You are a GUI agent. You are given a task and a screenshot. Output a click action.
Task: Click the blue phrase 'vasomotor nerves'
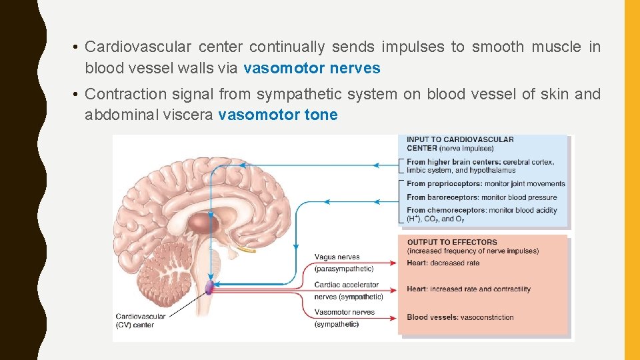pos(312,68)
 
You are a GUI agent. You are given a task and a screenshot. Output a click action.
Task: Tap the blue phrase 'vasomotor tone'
pos(278,115)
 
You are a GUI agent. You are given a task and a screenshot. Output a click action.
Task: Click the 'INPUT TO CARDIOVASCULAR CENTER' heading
pos(460,143)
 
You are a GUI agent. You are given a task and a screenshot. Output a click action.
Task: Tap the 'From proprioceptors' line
pos(485,184)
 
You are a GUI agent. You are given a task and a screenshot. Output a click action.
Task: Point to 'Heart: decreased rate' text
pos(443,263)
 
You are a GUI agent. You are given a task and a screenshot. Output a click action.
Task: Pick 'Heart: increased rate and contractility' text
pos(468,289)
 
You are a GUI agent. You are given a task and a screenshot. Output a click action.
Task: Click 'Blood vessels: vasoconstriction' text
pos(460,317)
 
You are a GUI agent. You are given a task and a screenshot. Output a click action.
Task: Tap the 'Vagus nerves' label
pos(337,257)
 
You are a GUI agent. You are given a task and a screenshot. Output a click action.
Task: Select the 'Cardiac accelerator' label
pos(346,285)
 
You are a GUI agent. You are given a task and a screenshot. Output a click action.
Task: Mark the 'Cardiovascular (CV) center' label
pos(140,321)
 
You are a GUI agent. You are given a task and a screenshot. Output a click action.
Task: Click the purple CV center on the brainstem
pos(209,287)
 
